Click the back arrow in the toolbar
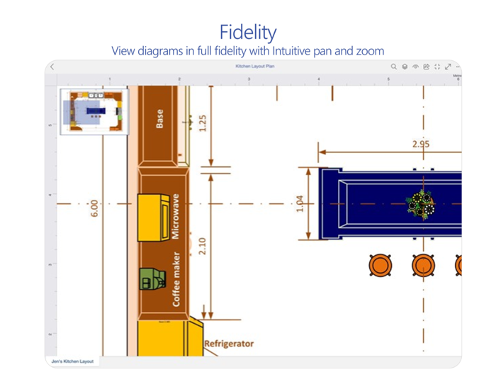click(52, 67)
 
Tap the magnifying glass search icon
click(394, 67)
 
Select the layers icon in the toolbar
click(405, 67)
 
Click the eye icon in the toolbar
click(415, 67)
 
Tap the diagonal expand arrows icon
click(448, 67)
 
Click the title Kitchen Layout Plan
click(254, 67)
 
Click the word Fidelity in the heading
click(248, 32)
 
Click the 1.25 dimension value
click(203, 124)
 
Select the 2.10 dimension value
click(203, 246)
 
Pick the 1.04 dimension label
click(299, 203)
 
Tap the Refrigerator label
click(229, 344)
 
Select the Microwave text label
click(176, 215)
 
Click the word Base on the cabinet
click(159, 117)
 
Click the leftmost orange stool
click(381, 266)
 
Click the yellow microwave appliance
click(152, 213)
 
